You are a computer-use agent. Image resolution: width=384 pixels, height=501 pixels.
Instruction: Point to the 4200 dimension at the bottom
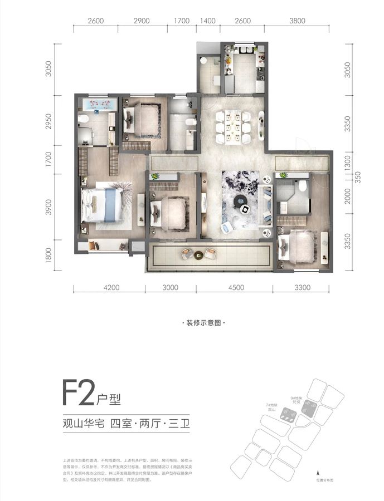tap(111, 288)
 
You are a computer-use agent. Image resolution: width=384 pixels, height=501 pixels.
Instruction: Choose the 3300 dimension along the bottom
tap(302, 288)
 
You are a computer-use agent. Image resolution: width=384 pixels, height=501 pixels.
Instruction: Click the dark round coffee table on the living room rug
tap(244, 209)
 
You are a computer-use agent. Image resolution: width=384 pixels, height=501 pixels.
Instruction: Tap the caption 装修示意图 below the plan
tap(206, 323)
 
